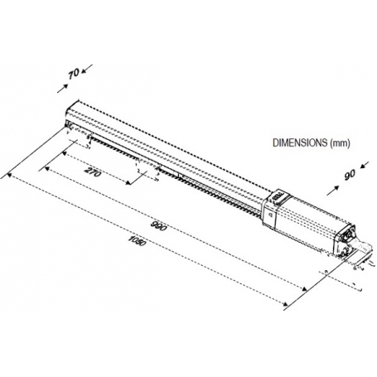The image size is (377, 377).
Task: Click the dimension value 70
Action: [74, 74]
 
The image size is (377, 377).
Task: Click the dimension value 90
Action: [350, 175]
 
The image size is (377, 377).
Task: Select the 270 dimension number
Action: [92, 172]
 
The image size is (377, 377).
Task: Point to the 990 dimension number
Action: [159, 225]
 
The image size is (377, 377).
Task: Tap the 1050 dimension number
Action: [137, 241]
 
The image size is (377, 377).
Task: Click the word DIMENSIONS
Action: [300, 143]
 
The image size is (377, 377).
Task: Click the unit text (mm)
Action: [340, 143]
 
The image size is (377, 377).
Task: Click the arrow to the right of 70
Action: [87, 69]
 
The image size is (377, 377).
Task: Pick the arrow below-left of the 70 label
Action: [62, 89]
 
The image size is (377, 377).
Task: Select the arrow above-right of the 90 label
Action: [365, 165]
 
